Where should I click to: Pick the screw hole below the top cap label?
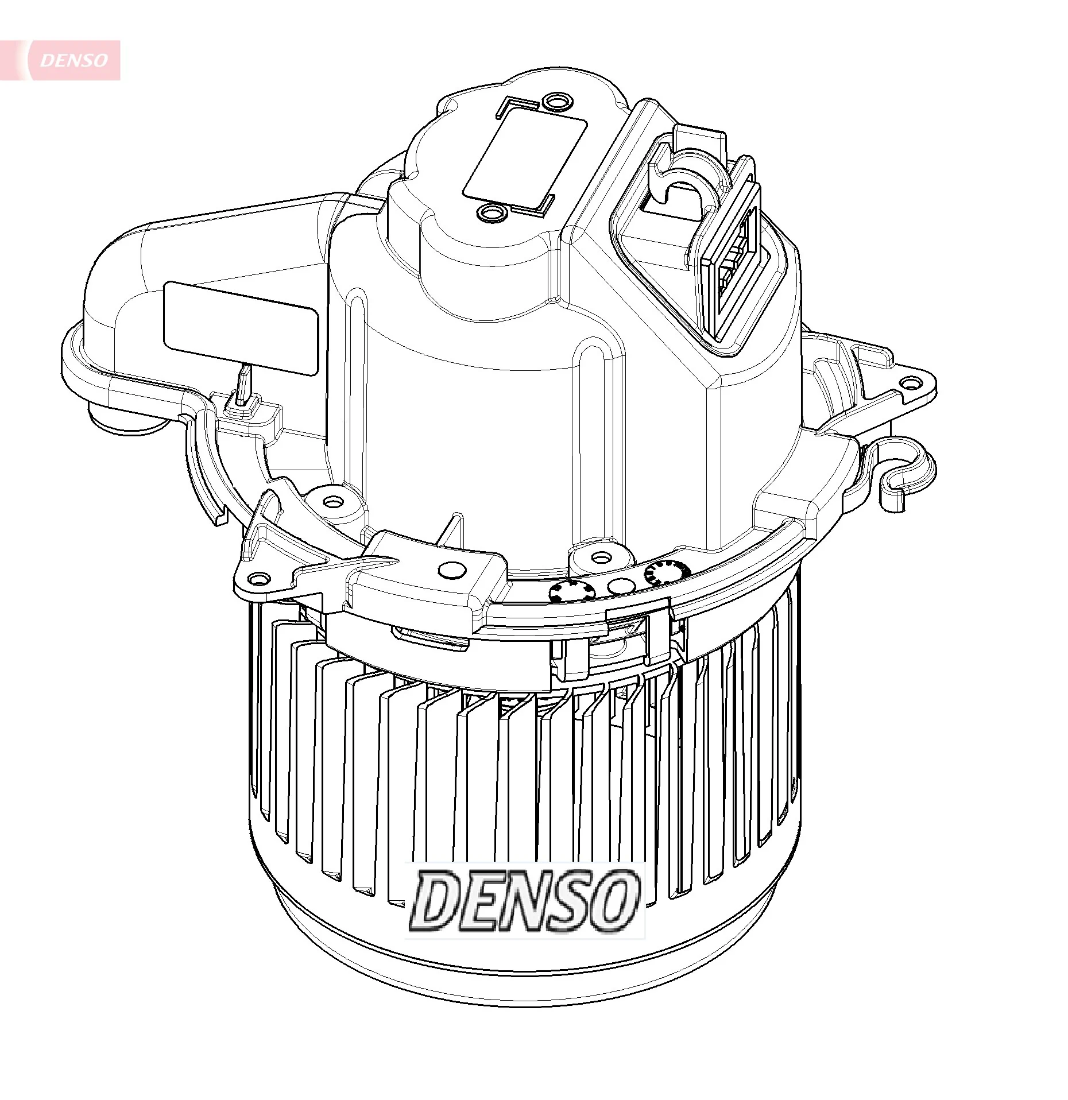click(491, 214)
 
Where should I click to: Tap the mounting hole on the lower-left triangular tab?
click(260, 579)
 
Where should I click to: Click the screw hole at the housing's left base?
click(331, 502)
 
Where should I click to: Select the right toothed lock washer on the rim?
click(666, 572)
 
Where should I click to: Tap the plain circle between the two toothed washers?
click(621, 586)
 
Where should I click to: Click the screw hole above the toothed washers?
click(601, 557)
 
